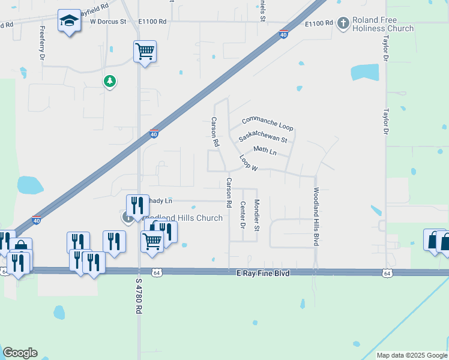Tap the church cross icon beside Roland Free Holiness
(343, 23)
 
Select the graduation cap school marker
(69, 21)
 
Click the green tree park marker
(109, 80)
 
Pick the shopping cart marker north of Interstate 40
(145, 52)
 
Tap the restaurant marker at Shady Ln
(137, 206)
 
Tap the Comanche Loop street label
(267, 123)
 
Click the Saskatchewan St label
(263, 136)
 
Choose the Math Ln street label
(265, 150)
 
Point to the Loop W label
(248, 163)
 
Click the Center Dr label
(243, 215)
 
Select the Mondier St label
(256, 215)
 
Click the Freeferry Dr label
(42, 44)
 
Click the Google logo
(20, 353)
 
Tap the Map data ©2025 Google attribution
(411, 355)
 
